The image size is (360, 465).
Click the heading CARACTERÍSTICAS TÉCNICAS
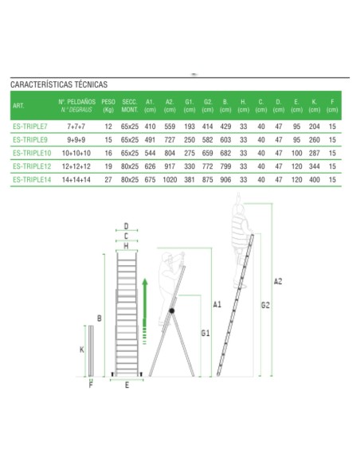point(59,84)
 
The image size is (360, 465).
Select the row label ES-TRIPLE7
point(30,127)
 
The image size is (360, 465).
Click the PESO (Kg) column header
point(108,106)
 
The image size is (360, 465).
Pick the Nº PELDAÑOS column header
point(76,106)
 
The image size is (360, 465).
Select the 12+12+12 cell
point(76,167)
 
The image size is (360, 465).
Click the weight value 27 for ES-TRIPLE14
point(108,181)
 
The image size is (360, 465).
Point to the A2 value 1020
point(169,181)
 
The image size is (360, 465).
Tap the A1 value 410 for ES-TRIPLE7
point(150,127)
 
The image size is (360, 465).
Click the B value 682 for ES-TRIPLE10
point(225,154)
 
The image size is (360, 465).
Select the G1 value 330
point(189,167)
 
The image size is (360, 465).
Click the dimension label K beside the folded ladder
point(83,350)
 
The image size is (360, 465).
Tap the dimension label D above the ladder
point(126,226)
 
